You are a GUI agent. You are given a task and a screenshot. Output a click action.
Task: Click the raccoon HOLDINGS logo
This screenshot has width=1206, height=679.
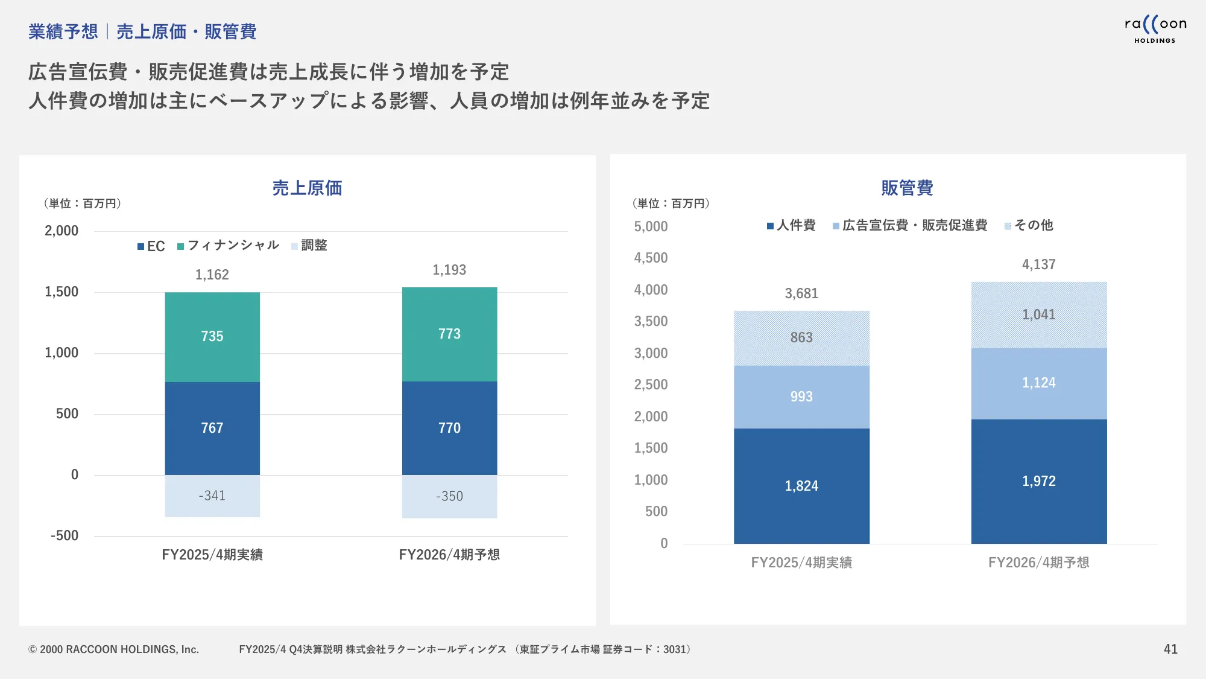(1155, 29)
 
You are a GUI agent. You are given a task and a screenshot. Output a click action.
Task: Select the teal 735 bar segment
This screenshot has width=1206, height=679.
(212, 336)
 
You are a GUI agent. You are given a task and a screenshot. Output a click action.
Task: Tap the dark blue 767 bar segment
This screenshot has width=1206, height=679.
(212, 428)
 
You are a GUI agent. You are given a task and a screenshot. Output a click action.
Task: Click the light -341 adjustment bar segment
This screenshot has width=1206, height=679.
(212, 496)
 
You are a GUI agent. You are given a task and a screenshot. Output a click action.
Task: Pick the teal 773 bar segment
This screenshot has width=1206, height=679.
(449, 334)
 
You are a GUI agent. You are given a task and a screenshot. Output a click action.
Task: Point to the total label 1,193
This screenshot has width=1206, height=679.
(449, 270)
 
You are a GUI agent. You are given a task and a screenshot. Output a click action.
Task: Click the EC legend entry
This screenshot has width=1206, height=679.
(151, 246)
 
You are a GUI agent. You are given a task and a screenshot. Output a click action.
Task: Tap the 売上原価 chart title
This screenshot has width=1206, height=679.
(307, 188)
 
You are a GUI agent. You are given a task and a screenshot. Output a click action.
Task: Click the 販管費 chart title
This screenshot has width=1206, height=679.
(907, 188)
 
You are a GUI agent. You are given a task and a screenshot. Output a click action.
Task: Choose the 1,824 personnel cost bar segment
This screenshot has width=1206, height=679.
(801, 486)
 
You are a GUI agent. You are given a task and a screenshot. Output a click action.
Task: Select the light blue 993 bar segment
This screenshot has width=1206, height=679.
(801, 397)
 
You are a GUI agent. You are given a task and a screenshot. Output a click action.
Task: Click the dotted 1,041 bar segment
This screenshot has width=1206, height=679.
(1038, 314)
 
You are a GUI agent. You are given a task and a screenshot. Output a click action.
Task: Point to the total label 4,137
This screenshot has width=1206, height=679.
(1038, 264)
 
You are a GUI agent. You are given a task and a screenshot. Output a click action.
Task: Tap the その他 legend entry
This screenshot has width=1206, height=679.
(1029, 226)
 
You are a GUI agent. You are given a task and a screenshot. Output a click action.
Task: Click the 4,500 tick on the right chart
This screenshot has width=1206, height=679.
(651, 258)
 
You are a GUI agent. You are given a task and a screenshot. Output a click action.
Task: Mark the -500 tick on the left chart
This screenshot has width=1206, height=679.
(65, 536)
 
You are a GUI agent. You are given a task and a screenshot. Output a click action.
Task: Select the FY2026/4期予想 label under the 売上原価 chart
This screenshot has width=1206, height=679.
(449, 555)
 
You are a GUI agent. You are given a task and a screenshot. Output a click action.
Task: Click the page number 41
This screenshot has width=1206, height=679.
(1170, 649)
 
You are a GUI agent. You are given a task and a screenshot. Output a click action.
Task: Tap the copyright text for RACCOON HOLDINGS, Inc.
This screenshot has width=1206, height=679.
(113, 649)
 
